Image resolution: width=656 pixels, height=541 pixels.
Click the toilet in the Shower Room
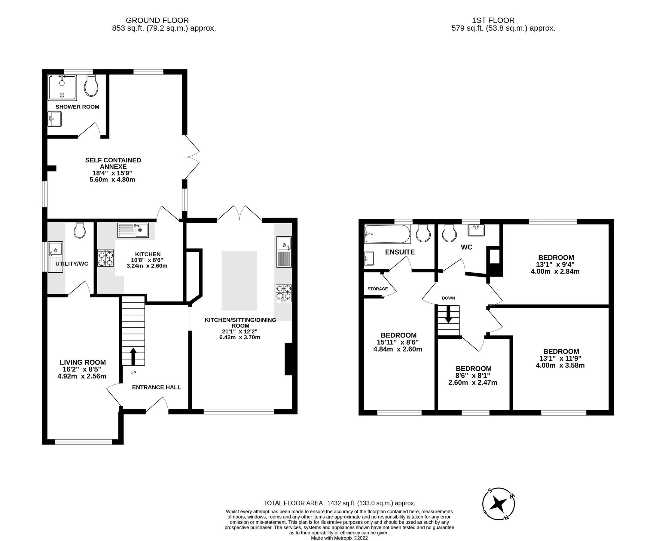click(91, 86)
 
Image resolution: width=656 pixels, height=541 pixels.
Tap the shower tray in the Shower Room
click(62, 88)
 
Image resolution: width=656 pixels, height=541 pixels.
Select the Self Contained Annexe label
click(113, 163)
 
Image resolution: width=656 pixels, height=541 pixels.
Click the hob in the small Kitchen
click(105, 258)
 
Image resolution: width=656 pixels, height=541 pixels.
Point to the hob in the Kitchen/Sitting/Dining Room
click(284, 293)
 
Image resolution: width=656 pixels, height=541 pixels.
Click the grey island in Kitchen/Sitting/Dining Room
click(239, 280)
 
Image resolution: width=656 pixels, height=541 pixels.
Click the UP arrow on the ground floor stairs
click(133, 356)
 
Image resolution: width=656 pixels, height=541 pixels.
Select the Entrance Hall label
click(156, 387)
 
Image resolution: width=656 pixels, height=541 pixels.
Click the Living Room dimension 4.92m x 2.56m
click(82, 376)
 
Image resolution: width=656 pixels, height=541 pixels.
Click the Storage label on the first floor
click(377, 289)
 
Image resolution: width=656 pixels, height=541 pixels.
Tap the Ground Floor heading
click(157, 20)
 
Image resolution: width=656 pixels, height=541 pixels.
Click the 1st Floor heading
click(493, 20)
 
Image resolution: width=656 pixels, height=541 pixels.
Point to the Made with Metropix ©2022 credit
click(339, 538)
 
